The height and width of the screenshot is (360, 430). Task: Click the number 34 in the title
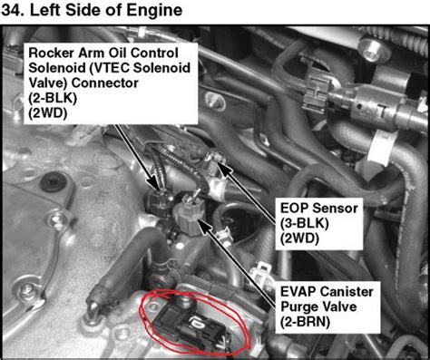point(16,12)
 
